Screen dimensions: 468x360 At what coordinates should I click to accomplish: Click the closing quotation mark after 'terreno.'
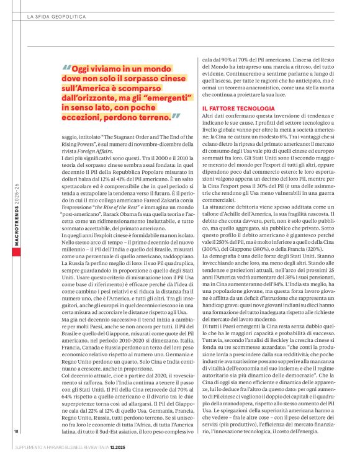pyautogui.click(x=176, y=115)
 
